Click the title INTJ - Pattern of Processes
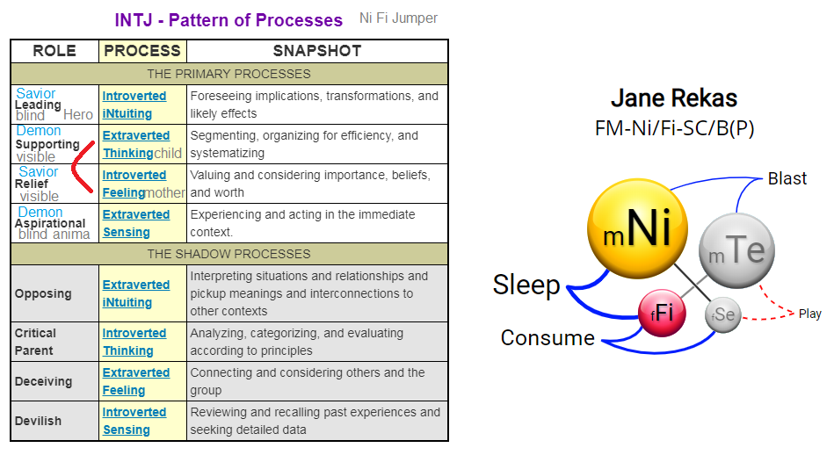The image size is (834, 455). [228, 19]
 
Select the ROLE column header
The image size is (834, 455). [54, 51]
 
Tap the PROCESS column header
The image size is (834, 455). [142, 51]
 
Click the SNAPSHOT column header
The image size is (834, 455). [316, 51]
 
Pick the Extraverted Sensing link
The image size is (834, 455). [135, 223]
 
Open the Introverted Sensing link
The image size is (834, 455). [134, 421]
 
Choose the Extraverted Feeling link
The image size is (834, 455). [135, 381]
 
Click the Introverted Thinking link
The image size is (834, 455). [134, 342]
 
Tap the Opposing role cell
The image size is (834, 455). [43, 293]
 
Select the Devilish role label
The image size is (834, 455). [39, 421]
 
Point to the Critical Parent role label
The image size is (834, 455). [35, 342]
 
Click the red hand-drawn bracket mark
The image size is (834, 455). [82, 170]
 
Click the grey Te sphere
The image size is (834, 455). [736, 251]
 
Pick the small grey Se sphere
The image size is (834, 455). [724, 315]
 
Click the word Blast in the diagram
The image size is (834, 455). [787, 178]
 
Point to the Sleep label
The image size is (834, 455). [526, 285]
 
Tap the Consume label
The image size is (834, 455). [548, 337]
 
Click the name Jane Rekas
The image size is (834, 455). [673, 97]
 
